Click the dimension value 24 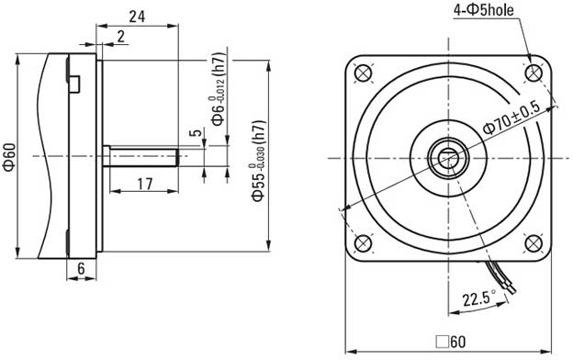(137, 17)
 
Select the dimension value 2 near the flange (120, 36)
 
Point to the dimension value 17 (145, 184)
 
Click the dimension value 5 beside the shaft (196, 132)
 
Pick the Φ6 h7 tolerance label (219, 90)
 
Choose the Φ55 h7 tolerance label (258, 161)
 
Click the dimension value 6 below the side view (81, 269)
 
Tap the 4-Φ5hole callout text (483, 10)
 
